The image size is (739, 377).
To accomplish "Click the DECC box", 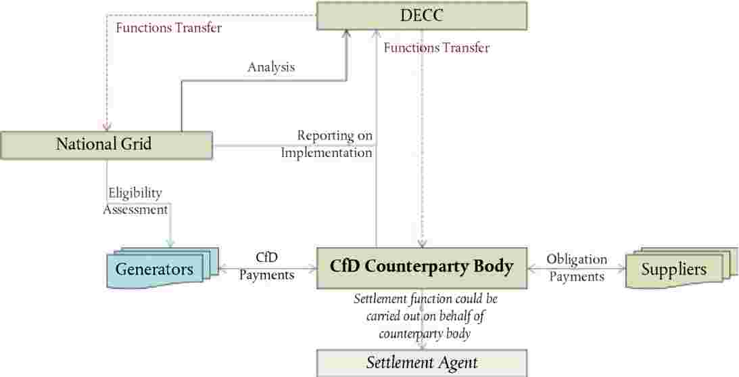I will click(x=421, y=16).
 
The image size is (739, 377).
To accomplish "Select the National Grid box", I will click(x=107, y=145).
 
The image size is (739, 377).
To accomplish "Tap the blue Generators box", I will click(x=154, y=269).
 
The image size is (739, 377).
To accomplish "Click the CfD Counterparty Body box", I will click(x=421, y=267).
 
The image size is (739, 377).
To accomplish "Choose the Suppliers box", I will click(x=673, y=269).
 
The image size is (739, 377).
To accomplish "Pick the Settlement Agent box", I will click(x=421, y=363).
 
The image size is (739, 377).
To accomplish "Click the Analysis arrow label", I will click(x=271, y=67).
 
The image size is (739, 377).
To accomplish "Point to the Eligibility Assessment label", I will click(x=135, y=201).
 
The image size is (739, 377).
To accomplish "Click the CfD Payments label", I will click(x=266, y=267).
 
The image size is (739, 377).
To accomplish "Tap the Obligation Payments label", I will click(x=577, y=267).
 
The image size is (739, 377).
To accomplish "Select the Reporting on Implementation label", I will click(x=327, y=144).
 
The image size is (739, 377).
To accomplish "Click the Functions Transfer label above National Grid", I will click(x=169, y=28).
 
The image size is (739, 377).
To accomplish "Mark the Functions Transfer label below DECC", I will click(x=436, y=48).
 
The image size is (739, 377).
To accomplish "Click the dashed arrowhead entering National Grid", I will click(x=107, y=127).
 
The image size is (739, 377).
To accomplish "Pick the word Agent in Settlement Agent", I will click(x=456, y=363).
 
